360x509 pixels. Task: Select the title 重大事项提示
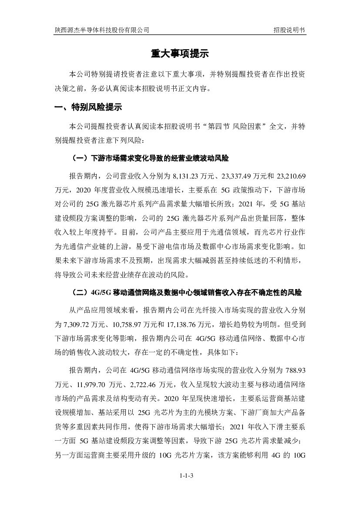180,54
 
